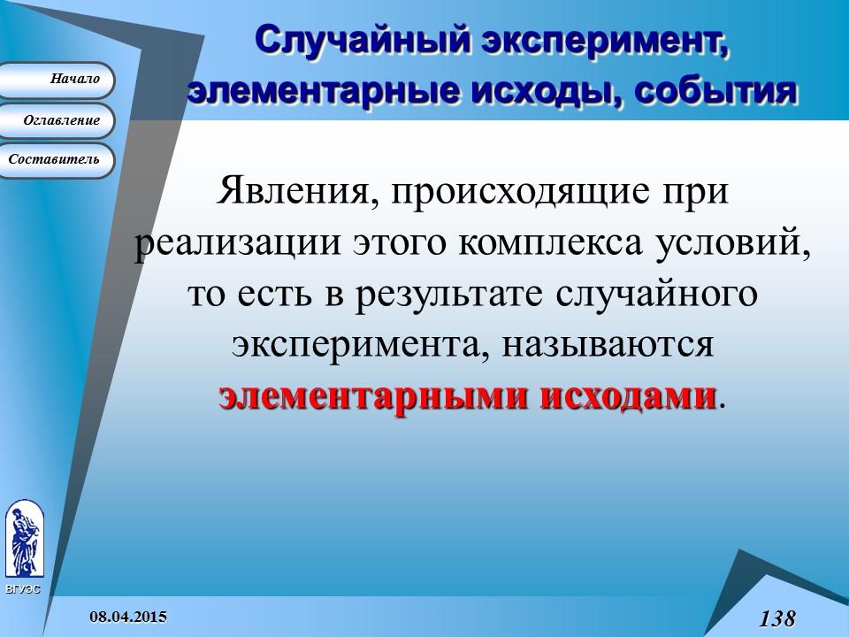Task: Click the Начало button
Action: [x=58, y=80]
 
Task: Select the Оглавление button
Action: [x=58, y=120]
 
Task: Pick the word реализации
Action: [x=226, y=243]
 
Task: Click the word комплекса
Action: [x=541, y=243]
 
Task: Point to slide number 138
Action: [x=777, y=618]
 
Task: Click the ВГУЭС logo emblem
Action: [x=24, y=540]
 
